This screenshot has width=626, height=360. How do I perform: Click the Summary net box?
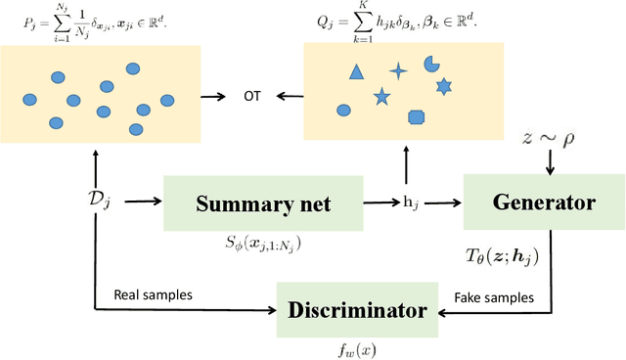[263, 204]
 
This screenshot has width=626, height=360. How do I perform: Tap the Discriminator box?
[359, 311]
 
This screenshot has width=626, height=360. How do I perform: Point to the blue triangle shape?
[356, 71]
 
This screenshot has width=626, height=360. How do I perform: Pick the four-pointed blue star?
[398, 70]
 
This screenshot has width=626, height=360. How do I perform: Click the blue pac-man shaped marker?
[430, 65]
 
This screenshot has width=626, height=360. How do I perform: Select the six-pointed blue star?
[443, 87]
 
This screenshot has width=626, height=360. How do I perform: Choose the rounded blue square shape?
[416, 117]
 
